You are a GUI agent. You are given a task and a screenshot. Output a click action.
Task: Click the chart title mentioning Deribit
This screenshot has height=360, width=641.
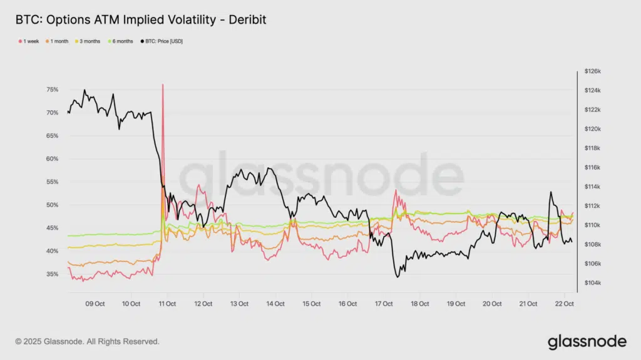pyautogui.click(x=141, y=20)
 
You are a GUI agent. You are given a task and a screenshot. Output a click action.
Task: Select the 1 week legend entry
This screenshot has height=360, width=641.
pyautogui.click(x=28, y=41)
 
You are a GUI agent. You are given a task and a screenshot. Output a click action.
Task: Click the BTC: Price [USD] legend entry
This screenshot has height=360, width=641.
pyautogui.click(x=162, y=41)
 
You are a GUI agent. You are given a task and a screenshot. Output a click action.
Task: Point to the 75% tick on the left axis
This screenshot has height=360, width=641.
pyautogui.click(x=53, y=90)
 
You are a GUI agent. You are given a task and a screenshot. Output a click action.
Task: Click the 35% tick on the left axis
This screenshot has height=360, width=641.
pyautogui.click(x=53, y=274)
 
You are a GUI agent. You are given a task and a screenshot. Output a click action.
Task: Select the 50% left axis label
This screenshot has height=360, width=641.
pyautogui.click(x=53, y=205)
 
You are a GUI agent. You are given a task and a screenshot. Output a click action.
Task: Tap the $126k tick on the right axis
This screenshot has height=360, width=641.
pyautogui.click(x=592, y=71)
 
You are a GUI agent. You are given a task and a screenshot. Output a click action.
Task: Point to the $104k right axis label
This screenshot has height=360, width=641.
pyautogui.click(x=592, y=283)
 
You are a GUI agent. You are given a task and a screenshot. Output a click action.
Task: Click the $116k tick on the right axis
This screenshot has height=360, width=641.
pyautogui.click(x=592, y=167)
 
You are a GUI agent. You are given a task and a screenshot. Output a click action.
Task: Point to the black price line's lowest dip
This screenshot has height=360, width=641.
pyautogui.click(x=397, y=276)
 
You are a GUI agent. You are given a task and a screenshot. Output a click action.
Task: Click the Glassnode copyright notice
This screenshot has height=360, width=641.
pyautogui.click(x=87, y=342)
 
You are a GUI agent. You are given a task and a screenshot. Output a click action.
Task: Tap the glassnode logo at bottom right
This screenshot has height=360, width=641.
pyautogui.click(x=587, y=342)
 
